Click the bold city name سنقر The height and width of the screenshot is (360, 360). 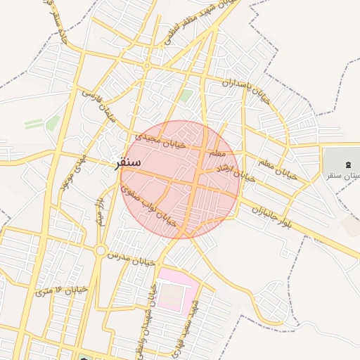tap(128, 162)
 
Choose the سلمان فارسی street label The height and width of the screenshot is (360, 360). tap(99, 106)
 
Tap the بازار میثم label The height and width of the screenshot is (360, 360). tap(101, 212)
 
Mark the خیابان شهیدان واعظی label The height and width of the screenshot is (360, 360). tap(152, 309)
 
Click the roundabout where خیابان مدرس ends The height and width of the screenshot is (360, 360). tap(101, 250)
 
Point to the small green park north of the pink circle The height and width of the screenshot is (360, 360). tap(186, 95)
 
